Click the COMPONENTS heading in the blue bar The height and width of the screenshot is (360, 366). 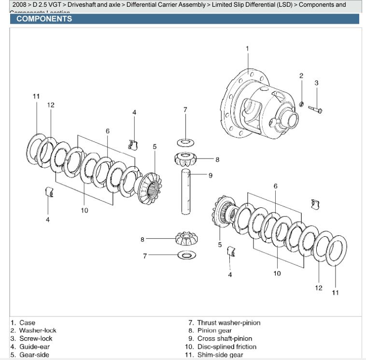pos(44,19)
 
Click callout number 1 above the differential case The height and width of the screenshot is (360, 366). pos(247,48)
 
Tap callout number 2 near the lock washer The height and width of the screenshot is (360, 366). pos(301,75)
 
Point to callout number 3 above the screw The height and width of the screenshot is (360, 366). pos(316,83)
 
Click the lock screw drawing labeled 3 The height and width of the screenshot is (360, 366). pos(315,110)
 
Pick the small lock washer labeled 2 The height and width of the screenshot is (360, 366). pos(301,104)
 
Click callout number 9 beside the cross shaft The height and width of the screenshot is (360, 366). pos(210,175)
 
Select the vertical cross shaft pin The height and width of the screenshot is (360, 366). pos(186,191)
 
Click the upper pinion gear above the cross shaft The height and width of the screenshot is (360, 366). pos(185,158)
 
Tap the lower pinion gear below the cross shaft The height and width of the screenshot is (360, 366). pos(185,238)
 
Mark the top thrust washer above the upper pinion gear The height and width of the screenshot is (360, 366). pos(185,142)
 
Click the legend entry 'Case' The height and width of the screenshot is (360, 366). pos(27,323)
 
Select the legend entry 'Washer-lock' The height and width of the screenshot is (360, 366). pos(38,331)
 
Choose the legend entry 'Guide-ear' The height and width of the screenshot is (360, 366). pos(34,346)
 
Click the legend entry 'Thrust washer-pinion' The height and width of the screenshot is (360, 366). pos(228,323)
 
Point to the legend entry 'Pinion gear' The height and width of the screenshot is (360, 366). pos(214,331)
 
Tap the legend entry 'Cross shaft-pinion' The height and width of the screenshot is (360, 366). pos(225,339)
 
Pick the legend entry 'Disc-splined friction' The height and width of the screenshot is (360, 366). pos(227,346)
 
